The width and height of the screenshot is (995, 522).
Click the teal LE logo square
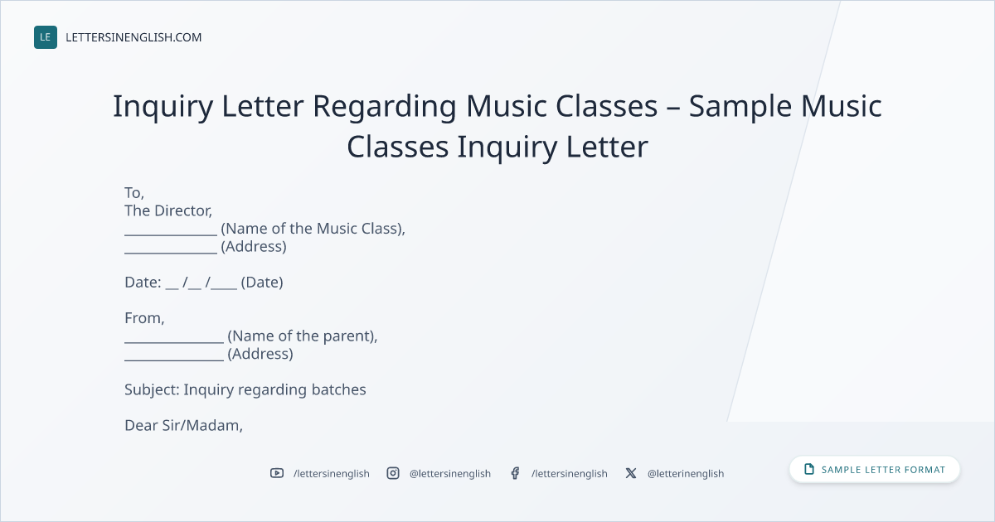[46, 37]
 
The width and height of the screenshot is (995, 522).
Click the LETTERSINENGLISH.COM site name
[133, 37]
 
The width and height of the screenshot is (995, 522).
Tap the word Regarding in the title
[384, 107]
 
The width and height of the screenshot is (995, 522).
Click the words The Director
[167, 210]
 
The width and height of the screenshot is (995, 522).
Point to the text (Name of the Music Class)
[313, 229]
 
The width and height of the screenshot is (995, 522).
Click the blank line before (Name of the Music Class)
[171, 234]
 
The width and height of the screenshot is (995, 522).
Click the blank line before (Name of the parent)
[174, 342]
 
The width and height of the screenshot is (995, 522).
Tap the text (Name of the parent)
[302, 336]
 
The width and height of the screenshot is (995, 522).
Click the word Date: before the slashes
[143, 283]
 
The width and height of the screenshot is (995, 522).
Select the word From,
[144, 318]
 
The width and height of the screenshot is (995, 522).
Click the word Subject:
[152, 389]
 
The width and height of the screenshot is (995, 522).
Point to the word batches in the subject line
[338, 389]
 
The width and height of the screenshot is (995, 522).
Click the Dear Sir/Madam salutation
[183, 426]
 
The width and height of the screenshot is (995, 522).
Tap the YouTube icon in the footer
[277, 473]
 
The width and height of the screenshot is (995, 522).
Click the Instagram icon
[393, 473]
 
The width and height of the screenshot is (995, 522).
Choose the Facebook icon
[515, 473]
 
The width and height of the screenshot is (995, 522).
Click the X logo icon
[631, 473]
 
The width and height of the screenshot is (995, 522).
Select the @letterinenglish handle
[686, 474]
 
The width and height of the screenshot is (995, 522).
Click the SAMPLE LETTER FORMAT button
[875, 470]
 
